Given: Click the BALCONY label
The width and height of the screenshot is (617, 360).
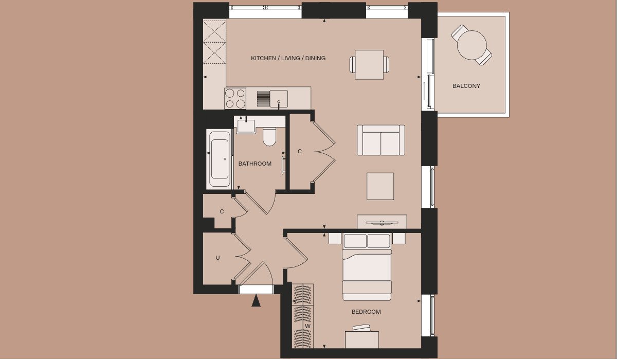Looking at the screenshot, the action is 466,86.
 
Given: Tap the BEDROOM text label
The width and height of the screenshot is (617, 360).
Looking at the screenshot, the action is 366,312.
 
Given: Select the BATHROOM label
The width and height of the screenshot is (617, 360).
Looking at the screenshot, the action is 255,164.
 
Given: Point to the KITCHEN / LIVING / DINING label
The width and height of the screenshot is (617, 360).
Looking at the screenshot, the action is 288,58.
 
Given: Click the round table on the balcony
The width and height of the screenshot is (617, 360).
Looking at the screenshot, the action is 472,45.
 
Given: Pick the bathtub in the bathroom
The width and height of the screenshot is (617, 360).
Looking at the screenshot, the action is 220,159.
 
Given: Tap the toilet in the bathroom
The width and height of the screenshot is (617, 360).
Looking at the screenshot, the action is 269,136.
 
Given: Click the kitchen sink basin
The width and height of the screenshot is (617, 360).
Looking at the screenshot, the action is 279,99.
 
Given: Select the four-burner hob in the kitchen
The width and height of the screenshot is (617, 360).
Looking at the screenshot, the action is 235,98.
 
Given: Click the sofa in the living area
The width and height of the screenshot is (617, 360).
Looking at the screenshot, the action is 381,140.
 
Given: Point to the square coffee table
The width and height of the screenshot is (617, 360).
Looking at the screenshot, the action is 380,186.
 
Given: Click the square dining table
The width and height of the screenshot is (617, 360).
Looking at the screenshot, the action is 369,65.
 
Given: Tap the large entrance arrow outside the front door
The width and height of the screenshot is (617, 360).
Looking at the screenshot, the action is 256,300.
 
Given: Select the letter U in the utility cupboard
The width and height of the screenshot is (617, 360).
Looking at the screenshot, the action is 217,258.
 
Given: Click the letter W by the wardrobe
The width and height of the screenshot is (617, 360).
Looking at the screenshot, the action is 307,326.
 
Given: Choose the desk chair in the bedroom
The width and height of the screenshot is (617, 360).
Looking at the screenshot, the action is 362,328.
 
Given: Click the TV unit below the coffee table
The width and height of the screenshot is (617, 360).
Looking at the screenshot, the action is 382,222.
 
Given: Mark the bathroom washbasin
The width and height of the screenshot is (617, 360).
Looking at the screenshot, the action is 246,125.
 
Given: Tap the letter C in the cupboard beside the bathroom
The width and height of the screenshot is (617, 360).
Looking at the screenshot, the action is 300,152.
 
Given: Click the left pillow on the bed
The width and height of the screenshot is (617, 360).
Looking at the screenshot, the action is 355,241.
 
